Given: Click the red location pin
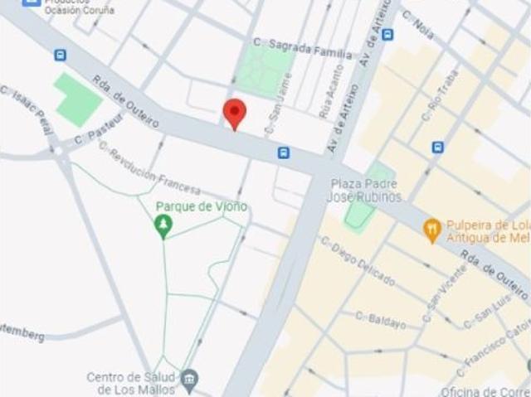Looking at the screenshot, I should [236, 113].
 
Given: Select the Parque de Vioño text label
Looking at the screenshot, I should [201, 206].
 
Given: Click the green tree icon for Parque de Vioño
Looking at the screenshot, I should [164, 224].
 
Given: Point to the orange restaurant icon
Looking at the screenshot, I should [431, 230].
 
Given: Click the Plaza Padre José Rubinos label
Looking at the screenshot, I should [366, 190].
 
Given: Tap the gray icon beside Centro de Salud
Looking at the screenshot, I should [190, 380].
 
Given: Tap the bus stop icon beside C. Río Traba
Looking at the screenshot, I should [437, 148].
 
